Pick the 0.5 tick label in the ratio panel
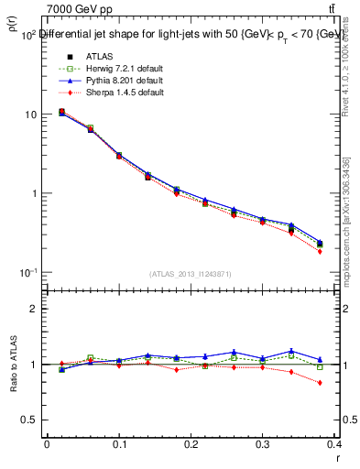coord(30,420)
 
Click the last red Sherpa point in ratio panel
coord(321,383)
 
